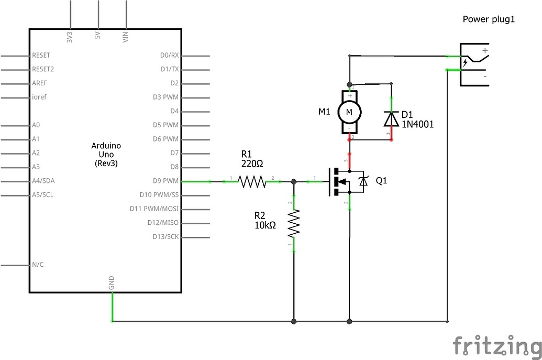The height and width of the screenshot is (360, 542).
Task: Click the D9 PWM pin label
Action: (x=166, y=181)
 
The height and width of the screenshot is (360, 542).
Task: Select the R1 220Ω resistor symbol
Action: (x=252, y=181)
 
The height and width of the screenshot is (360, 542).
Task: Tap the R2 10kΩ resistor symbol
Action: (x=294, y=223)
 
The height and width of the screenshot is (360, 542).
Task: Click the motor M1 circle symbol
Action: (x=349, y=111)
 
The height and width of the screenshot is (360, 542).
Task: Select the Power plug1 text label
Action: (x=489, y=19)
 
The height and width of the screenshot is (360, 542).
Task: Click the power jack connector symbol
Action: (x=473, y=64)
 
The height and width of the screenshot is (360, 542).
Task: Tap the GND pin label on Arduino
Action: (x=112, y=283)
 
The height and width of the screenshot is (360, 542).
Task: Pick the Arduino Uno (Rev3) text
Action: (x=106, y=154)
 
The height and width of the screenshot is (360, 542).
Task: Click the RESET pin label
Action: (x=41, y=55)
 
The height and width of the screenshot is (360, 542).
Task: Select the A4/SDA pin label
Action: (x=43, y=181)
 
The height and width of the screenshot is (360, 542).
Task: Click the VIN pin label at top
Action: (x=125, y=37)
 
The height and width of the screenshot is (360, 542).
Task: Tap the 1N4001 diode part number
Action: (x=417, y=124)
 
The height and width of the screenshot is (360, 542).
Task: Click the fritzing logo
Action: (x=497, y=346)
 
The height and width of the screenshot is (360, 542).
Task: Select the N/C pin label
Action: (x=38, y=265)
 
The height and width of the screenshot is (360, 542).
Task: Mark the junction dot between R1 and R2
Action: (x=294, y=181)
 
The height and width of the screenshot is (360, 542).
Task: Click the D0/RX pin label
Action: (x=170, y=55)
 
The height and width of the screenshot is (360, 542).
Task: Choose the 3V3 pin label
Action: (x=70, y=37)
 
